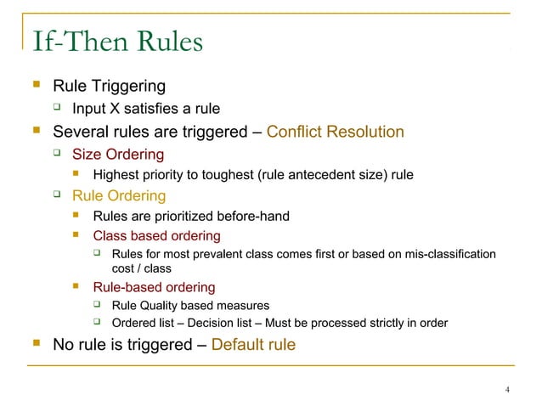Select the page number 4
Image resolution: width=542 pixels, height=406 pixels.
tap(506, 390)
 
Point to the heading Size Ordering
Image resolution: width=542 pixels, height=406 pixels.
tap(118, 155)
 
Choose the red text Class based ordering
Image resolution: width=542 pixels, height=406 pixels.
tap(156, 235)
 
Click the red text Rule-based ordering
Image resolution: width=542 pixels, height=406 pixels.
tap(154, 287)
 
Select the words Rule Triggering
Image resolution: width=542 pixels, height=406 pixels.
tap(109, 86)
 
